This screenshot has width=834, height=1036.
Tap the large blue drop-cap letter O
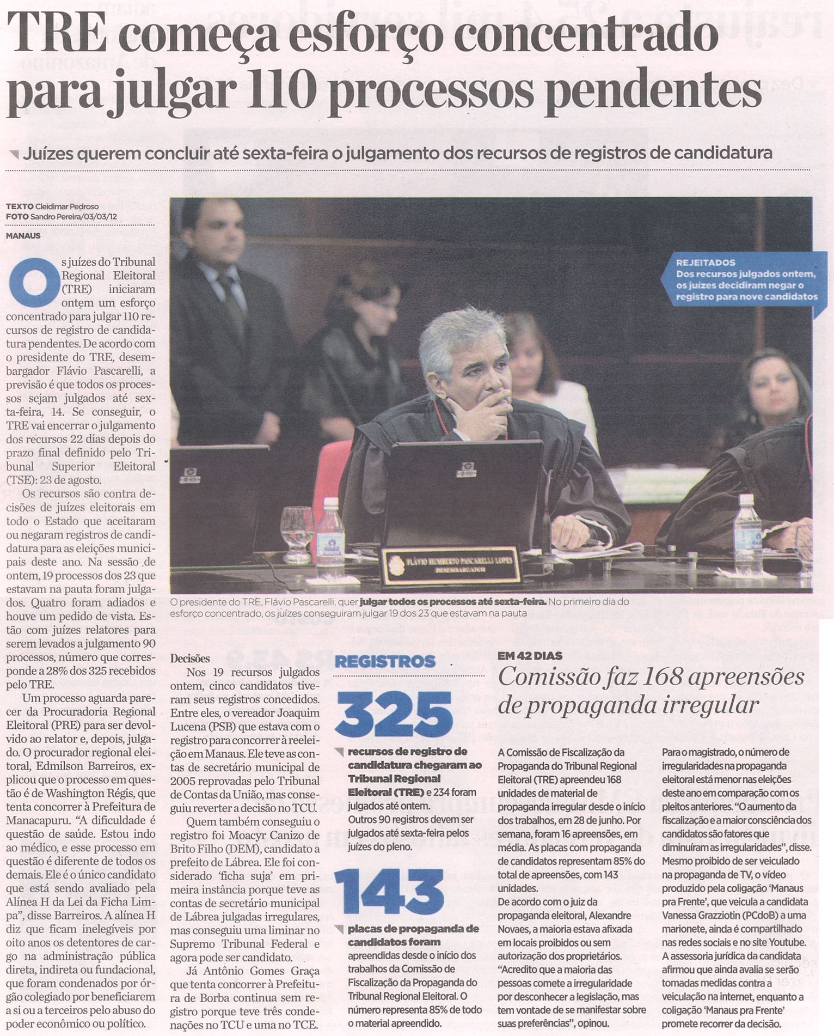coord(33,282)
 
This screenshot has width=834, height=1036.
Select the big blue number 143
coord(389,892)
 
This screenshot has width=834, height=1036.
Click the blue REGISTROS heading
coord(385,662)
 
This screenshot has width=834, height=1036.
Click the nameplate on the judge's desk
coord(450,565)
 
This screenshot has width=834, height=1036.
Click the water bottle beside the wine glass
coord(330,531)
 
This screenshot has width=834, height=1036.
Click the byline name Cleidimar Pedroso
coord(67,206)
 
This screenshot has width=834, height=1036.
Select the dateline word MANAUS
coord(23,236)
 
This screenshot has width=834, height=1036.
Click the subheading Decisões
coord(190,658)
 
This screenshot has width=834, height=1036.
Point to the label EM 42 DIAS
coord(530,656)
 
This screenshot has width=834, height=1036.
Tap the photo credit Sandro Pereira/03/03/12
coord(73,216)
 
